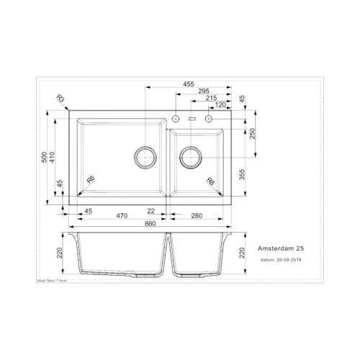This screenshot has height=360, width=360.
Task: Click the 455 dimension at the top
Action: click(187, 85)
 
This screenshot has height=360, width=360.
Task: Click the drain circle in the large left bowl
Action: click(145, 156)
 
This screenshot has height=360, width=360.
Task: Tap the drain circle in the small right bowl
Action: click(191, 156)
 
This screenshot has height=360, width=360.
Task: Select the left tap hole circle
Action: click(176, 117)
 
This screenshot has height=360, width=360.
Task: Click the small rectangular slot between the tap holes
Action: click(192, 117)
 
